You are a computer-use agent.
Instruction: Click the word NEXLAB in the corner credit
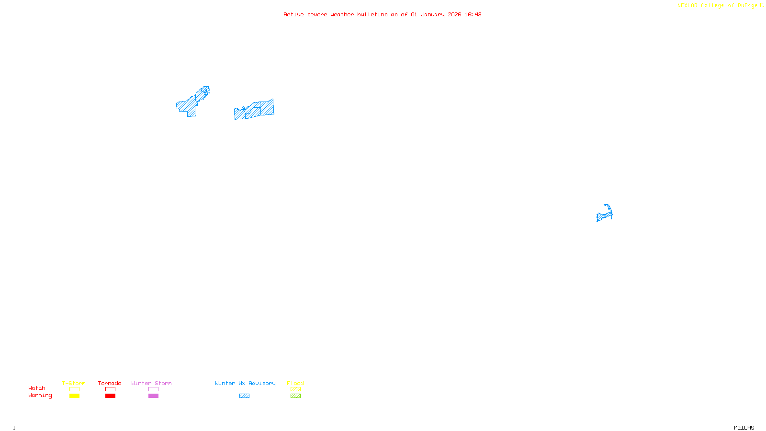pyautogui.click(x=687, y=6)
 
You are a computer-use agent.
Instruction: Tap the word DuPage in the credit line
pyautogui.click(x=747, y=6)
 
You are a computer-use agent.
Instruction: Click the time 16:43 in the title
pyautogui.click(x=473, y=14)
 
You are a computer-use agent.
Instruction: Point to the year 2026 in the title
pyautogui.click(x=454, y=14)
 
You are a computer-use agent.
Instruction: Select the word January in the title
pyautogui.click(x=432, y=14)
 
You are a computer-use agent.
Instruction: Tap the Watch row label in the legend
pyautogui.click(x=37, y=388)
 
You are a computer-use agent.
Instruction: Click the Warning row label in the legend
pyautogui.click(x=40, y=396)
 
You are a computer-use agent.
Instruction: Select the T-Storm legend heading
pyautogui.click(x=74, y=383)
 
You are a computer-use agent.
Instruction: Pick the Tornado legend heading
pyautogui.click(x=110, y=383)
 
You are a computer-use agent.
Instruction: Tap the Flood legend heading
pyautogui.click(x=295, y=383)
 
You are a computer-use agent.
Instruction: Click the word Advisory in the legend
pyautogui.click(x=262, y=383)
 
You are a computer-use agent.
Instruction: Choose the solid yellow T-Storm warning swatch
pyautogui.click(x=74, y=396)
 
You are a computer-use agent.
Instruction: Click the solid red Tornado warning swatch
pyautogui.click(x=110, y=396)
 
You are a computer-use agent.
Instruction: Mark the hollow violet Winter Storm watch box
pyautogui.click(x=153, y=389)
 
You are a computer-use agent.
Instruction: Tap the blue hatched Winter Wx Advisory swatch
pyautogui.click(x=244, y=396)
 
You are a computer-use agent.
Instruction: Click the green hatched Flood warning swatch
pyautogui.click(x=295, y=396)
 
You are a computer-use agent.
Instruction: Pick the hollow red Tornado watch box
pyautogui.click(x=110, y=389)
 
